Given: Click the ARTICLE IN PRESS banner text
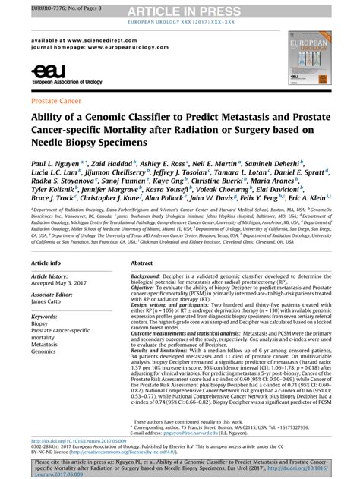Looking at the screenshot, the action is (181, 8).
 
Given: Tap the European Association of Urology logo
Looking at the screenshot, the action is (54, 74).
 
